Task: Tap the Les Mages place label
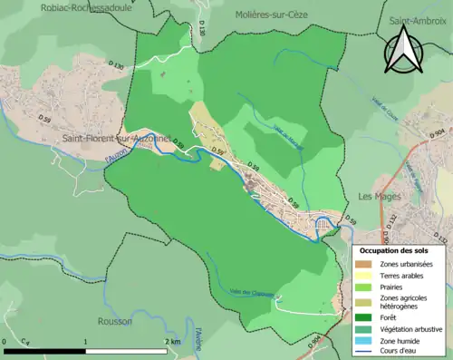point(378,196)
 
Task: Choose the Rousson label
point(115,321)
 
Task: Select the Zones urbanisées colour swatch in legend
point(366,264)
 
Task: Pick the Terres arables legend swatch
point(366,276)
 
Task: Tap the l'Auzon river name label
point(119,156)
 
